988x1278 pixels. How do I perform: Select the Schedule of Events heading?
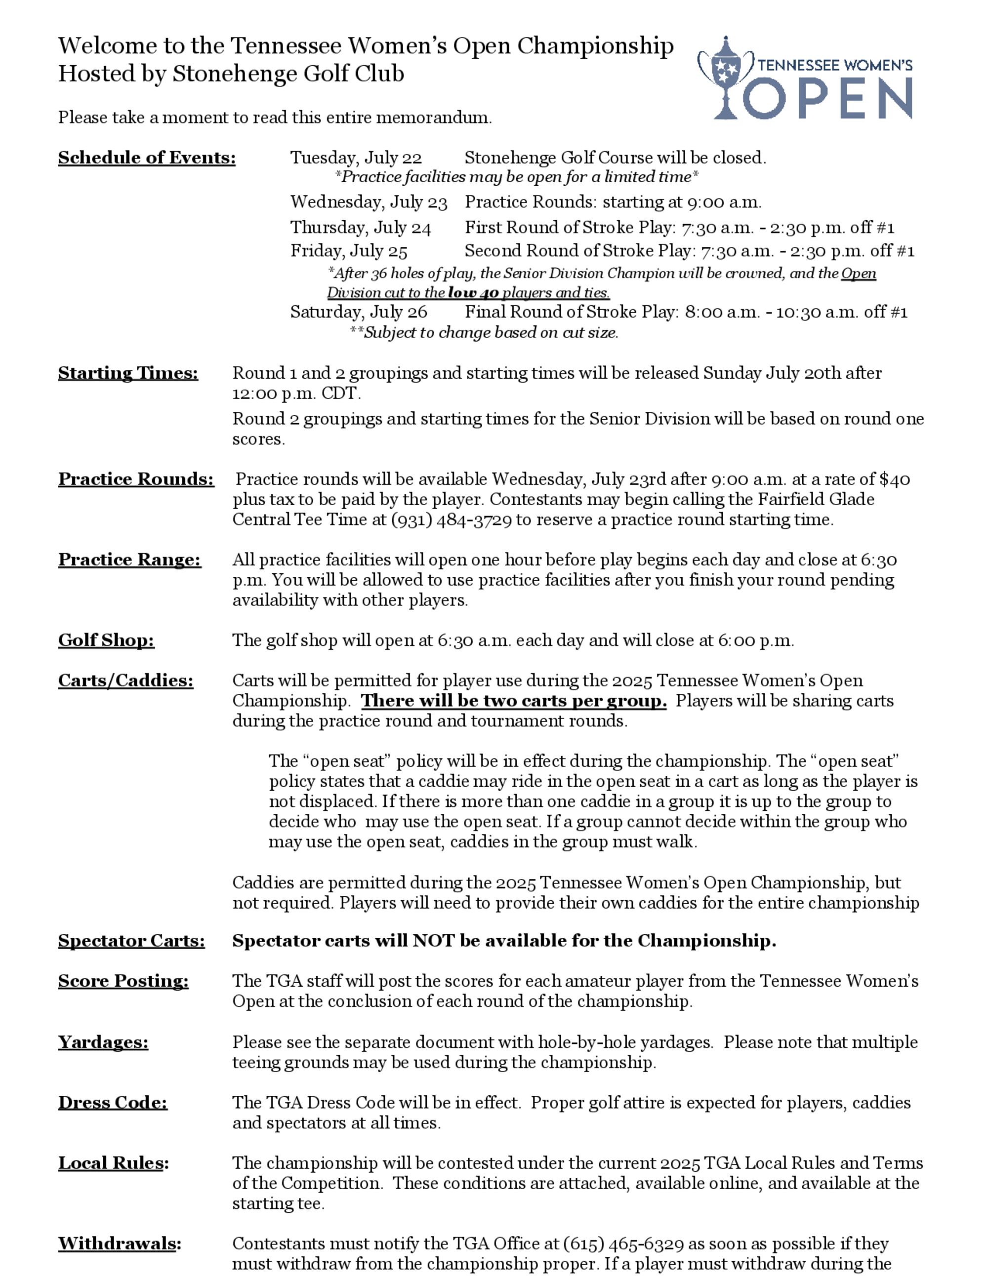click(146, 158)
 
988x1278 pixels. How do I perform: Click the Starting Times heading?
click(127, 373)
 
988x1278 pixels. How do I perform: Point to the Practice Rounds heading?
click(136, 479)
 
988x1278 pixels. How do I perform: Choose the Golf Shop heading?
click(106, 640)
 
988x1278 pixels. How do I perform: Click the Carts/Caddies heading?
click(125, 680)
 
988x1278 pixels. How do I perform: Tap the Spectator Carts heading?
click(131, 940)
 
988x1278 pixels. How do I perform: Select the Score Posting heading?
click(123, 981)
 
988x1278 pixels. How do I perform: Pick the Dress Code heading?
click(112, 1103)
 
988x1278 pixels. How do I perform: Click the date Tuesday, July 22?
click(356, 158)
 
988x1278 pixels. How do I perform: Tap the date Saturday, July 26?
click(358, 312)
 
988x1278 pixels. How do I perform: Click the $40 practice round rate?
click(894, 479)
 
